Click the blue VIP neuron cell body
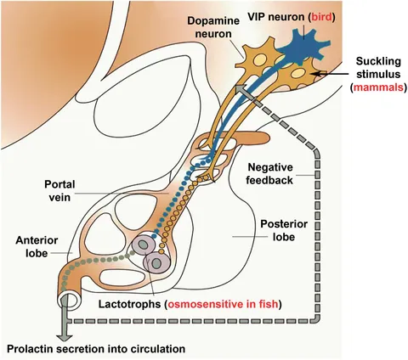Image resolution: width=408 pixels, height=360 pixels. point(302,48)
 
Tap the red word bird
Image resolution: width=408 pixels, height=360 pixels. point(321,17)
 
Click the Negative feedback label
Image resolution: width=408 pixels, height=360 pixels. point(269,173)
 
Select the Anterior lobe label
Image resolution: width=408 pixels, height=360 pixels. point(37,246)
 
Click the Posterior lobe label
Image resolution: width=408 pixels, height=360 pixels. point(284,230)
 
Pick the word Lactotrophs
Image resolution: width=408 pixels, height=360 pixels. point(130,304)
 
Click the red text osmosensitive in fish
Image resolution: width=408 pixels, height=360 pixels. point(223,304)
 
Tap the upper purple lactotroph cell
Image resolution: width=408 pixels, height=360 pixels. point(144,245)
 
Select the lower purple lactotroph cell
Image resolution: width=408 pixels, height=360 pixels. point(156,263)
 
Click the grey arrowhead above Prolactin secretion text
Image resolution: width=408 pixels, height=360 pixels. point(65,338)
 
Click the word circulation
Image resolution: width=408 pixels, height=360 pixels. point(159,349)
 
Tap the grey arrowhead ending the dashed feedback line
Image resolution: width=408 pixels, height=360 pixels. point(241,89)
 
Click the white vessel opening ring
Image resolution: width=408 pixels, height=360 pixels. point(69,300)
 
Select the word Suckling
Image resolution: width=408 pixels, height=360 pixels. point(378,61)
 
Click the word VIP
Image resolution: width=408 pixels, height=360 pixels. point(256,17)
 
